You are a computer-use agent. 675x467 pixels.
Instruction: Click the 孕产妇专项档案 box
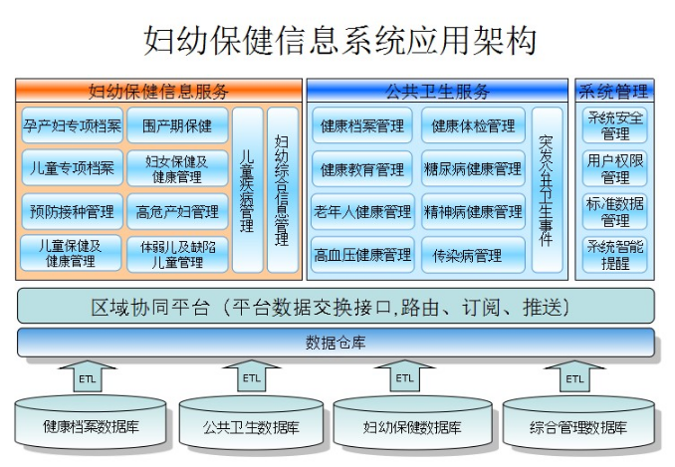(x=73, y=125)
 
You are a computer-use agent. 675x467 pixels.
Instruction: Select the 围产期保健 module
(x=177, y=125)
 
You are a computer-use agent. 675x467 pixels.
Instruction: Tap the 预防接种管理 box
(x=73, y=211)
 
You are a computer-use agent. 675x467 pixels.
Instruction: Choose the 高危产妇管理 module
(x=177, y=211)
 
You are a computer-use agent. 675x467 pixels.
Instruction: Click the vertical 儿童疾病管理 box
(x=248, y=190)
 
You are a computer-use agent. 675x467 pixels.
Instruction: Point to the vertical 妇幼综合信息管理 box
(x=283, y=190)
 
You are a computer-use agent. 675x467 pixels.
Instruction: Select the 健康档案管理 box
(x=362, y=125)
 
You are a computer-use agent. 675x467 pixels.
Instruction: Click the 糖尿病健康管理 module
(x=473, y=168)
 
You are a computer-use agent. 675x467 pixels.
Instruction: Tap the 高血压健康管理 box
(x=362, y=254)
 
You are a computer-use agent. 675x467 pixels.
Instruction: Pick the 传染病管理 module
(x=473, y=254)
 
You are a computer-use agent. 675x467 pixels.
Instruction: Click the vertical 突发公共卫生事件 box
(x=548, y=190)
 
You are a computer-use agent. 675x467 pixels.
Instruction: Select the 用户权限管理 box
(x=614, y=168)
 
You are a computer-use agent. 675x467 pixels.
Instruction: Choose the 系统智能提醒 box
(x=614, y=254)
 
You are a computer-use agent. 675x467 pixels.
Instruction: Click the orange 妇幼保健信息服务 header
(x=158, y=91)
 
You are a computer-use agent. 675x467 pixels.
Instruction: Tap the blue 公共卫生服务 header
(x=437, y=91)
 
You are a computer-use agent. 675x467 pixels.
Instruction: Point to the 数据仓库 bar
(x=336, y=343)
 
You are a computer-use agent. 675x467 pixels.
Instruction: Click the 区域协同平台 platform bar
(x=336, y=307)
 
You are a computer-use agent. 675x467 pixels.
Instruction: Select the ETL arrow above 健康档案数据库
(x=88, y=375)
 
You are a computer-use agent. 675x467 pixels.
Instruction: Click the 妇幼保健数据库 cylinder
(x=412, y=422)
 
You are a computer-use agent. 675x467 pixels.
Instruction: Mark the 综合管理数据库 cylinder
(x=578, y=422)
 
